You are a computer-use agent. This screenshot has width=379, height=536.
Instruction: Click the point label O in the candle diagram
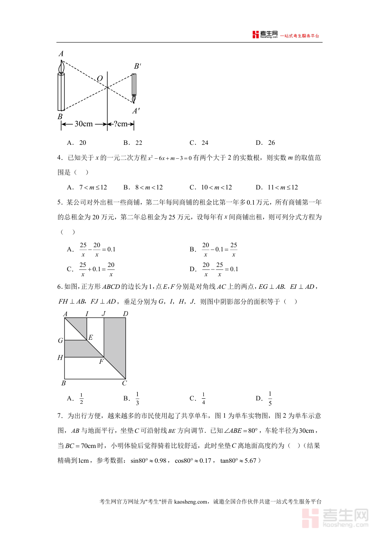click(100, 79)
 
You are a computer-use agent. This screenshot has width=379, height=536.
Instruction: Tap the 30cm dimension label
click(83, 124)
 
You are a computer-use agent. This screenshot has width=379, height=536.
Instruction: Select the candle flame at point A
click(62, 66)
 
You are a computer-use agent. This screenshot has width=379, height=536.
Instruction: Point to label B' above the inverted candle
click(137, 67)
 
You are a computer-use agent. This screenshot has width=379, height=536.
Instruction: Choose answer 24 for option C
click(205, 143)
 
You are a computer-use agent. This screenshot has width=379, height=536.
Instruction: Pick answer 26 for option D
click(271, 143)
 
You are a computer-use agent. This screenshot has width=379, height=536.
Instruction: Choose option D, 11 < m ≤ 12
click(283, 187)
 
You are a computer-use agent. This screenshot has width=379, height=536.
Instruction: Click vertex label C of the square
click(124, 383)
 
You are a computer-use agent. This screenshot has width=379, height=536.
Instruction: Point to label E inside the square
click(90, 337)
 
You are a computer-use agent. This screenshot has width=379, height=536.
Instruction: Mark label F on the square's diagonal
click(101, 361)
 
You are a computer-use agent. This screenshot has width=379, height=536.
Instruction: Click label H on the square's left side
click(60, 358)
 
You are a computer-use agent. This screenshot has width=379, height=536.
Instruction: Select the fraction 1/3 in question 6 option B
click(137, 398)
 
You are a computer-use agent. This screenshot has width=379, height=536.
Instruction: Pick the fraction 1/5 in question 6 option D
click(270, 398)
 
